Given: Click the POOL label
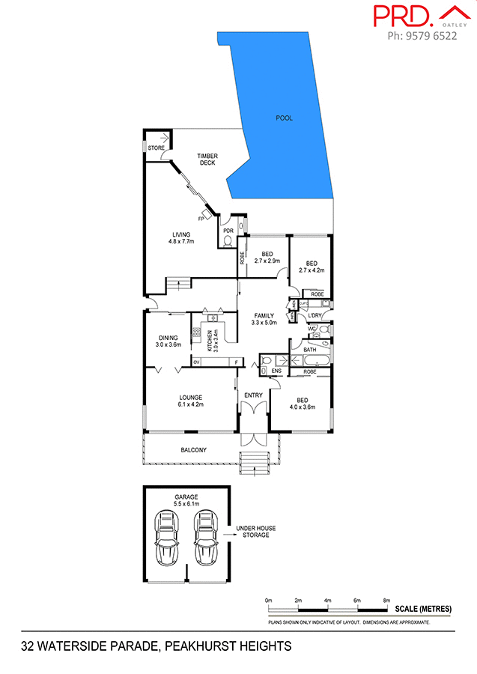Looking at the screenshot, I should coord(284,118).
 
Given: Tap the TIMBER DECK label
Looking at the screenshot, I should coord(207,160).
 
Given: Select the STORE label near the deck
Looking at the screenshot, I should coord(156,148).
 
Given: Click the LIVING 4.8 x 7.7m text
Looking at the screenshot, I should coord(180,238).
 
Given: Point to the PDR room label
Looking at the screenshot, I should coord(228,231).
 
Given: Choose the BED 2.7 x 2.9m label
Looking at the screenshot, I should coord(267,257).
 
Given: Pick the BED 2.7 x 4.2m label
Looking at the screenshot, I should coord(311,267).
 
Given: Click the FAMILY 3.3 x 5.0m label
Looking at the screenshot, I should coord(264,319).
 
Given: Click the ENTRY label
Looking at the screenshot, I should coord(253,395).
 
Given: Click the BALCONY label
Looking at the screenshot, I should coord(193,450).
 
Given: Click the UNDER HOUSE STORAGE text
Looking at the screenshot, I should coord(255,532).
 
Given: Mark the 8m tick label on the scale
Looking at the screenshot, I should coord(386,601).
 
